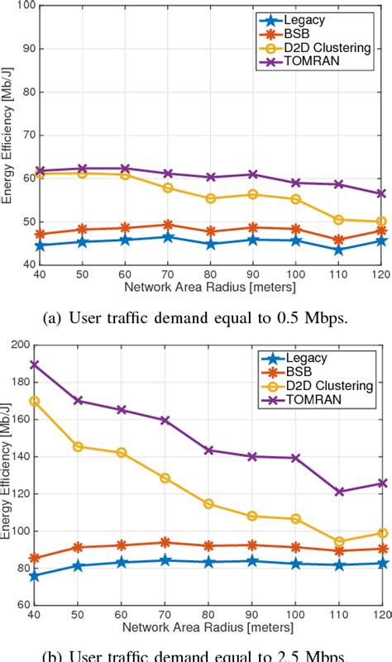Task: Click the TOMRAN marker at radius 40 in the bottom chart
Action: (x=33, y=364)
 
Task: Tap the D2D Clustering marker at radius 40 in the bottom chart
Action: (x=33, y=401)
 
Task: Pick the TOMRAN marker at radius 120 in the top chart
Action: (x=380, y=193)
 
